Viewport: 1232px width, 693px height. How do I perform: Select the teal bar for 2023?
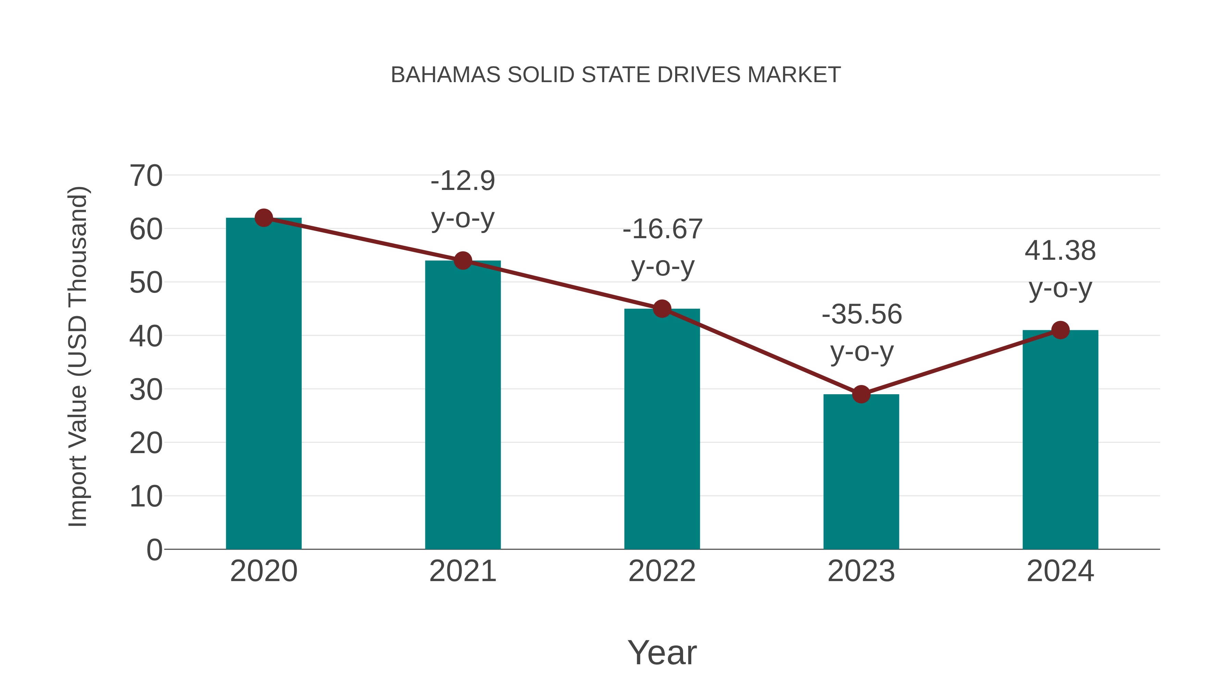coord(861,474)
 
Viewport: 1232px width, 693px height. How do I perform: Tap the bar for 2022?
coord(662,431)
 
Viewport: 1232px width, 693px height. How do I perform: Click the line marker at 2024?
coord(1060,330)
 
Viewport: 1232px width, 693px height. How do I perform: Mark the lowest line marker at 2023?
coord(861,395)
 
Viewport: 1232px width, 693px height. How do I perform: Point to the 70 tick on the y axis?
coord(146,176)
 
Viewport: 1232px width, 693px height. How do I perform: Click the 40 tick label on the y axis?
coord(146,336)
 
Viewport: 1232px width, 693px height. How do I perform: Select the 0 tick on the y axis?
coord(154,550)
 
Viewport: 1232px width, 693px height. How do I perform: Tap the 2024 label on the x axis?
coord(1060,571)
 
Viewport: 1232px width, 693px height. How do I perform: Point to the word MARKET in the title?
coord(794,75)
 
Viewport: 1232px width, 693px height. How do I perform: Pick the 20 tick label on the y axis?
coord(146,443)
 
